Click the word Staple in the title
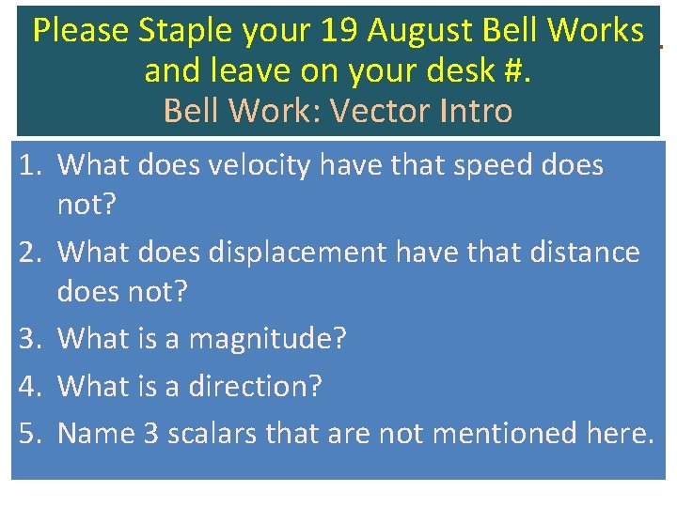pyautogui.click(x=184, y=32)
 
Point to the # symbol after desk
pyautogui.click(x=518, y=71)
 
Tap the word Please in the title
pyautogui.click(x=81, y=32)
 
